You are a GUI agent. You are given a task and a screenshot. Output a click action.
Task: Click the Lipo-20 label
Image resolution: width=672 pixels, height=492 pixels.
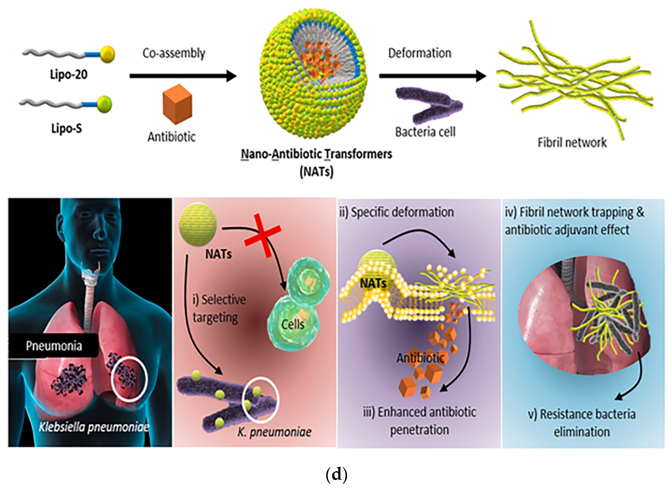(x=68, y=74)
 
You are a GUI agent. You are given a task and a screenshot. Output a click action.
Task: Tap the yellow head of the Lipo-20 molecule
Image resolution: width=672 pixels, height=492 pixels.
(x=107, y=54)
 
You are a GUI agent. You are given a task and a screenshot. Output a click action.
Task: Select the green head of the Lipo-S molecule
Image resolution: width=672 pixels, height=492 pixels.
(x=104, y=104)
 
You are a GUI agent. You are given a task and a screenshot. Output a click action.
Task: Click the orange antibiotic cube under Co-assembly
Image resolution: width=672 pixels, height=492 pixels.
(x=177, y=104)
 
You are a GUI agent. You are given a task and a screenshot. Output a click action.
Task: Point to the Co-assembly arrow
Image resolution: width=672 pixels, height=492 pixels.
(x=183, y=76)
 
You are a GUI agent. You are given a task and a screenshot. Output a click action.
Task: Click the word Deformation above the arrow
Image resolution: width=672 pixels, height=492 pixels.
(x=420, y=53)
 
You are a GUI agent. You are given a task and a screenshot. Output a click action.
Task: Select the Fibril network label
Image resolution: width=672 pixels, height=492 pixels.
(x=572, y=142)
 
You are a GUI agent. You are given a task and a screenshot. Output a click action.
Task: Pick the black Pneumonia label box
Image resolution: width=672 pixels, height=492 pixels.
(x=53, y=345)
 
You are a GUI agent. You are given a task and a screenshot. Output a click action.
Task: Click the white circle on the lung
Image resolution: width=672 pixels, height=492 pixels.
(x=129, y=378)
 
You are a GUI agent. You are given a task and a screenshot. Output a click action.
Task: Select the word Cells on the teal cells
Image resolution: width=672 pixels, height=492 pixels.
(x=293, y=324)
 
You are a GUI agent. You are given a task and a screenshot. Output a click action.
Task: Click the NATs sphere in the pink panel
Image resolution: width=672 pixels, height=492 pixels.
(x=197, y=225)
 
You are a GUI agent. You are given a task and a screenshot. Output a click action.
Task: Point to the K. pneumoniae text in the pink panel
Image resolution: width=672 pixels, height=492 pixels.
(x=274, y=432)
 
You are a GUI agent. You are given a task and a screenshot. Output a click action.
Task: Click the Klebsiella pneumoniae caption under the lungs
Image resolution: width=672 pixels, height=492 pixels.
(x=94, y=427)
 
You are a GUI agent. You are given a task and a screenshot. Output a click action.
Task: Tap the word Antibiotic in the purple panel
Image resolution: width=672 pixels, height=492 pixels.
(x=420, y=358)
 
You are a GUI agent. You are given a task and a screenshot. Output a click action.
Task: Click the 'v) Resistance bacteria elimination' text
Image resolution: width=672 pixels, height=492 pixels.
(x=581, y=423)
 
